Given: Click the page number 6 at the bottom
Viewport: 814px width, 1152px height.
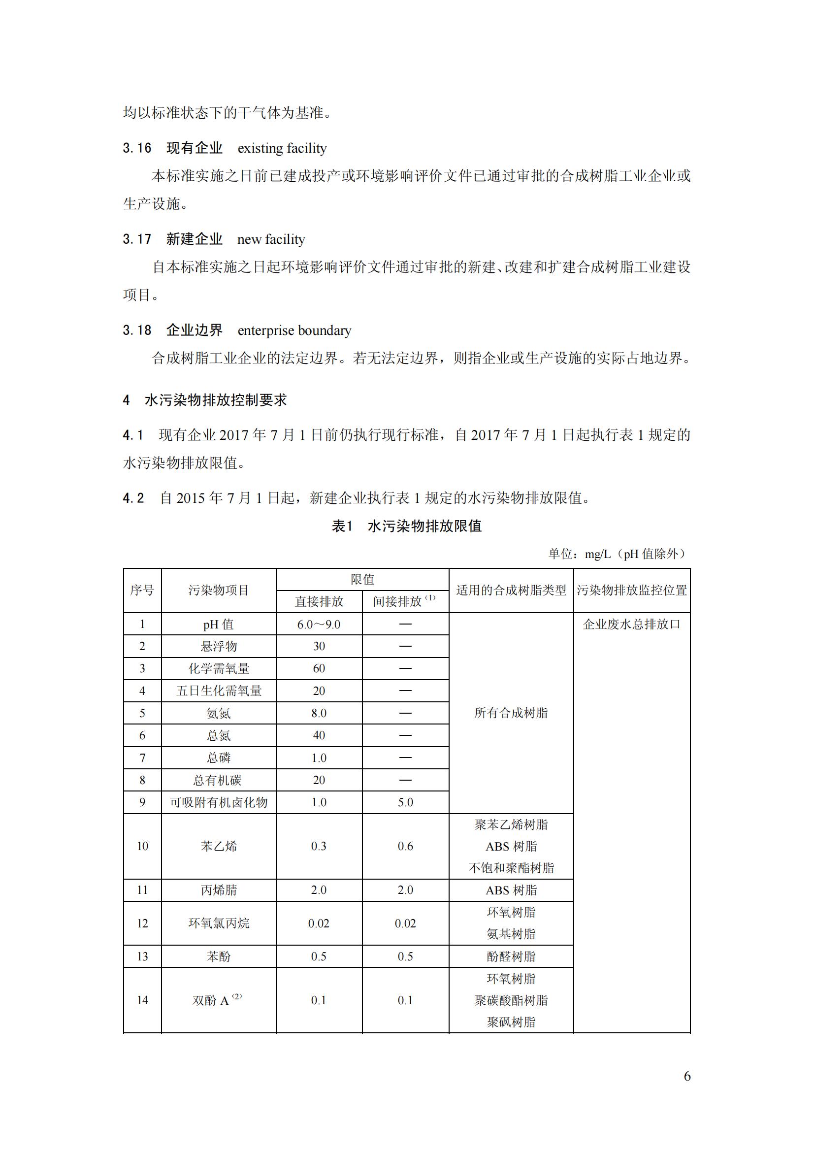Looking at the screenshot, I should (x=686, y=1076).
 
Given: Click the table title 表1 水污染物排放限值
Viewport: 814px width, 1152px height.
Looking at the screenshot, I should (x=406, y=526).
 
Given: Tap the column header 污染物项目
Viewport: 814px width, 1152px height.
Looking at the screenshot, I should (x=218, y=590).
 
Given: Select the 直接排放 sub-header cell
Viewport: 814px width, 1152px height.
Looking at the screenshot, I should (x=319, y=601).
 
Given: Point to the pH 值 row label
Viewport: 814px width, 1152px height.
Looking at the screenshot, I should (x=218, y=624).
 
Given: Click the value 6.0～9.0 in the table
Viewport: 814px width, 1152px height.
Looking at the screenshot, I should (x=319, y=624).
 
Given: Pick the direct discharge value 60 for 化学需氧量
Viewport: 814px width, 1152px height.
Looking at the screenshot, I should (x=319, y=668).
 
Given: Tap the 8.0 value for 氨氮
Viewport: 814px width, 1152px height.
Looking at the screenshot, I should (x=319, y=713).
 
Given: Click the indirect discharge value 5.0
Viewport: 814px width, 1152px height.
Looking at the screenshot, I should (x=405, y=802).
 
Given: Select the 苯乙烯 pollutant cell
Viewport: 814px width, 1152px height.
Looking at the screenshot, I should (x=218, y=847).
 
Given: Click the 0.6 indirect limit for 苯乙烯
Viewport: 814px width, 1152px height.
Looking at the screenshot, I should (x=405, y=847).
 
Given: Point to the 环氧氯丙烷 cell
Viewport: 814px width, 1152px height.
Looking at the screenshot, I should (x=218, y=923).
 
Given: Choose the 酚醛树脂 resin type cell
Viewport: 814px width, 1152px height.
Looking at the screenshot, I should (x=511, y=956).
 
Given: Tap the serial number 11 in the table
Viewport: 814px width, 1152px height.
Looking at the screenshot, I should (x=142, y=890).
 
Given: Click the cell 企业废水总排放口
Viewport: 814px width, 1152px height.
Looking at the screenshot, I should (x=631, y=624).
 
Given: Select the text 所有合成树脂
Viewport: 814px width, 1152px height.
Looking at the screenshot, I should (x=511, y=713).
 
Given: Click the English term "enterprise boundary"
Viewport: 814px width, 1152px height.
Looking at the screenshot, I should (x=294, y=330).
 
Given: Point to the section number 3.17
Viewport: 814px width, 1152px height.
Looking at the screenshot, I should (x=137, y=239).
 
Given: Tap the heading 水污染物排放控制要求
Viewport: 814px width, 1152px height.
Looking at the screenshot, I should (x=216, y=400).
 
